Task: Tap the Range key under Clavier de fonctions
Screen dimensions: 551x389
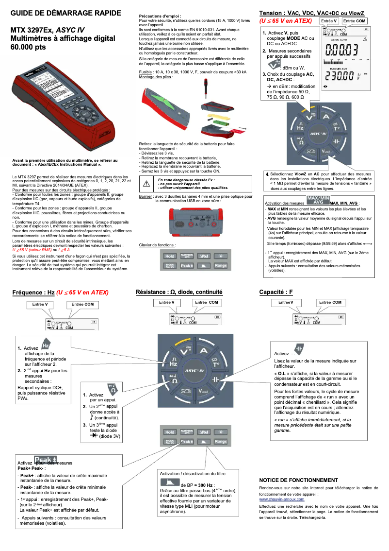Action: click(x=221, y=266)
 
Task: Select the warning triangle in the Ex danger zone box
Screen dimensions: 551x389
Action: click(x=146, y=183)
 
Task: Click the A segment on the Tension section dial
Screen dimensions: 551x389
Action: click(x=326, y=117)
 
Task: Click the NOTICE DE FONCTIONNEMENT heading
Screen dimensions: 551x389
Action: click(x=298, y=480)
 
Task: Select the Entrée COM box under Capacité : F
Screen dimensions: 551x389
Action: click(x=330, y=302)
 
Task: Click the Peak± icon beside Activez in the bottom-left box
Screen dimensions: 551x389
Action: click(x=46, y=460)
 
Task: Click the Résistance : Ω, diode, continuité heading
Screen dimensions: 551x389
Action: click(x=179, y=292)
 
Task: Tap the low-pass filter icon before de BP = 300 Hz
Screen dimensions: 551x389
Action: click(x=170, y=482)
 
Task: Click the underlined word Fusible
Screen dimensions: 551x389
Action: click(x=146, y=71)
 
